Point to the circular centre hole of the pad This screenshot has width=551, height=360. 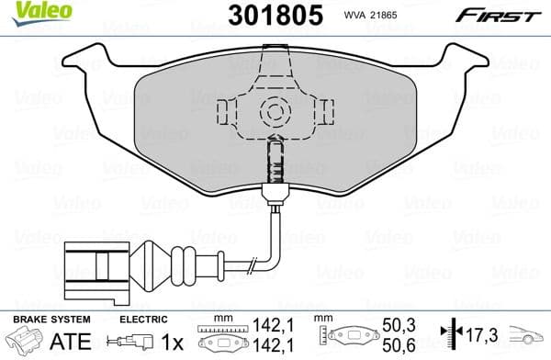(x=273, y=113)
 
